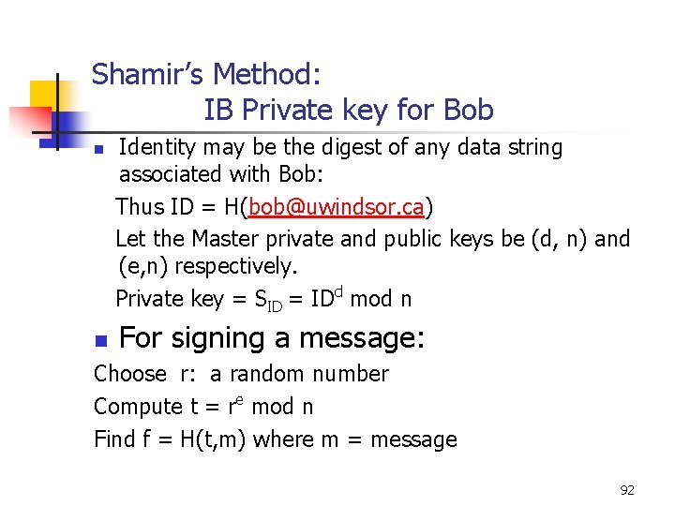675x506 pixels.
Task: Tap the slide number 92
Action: coord(627,489)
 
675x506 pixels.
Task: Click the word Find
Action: coord(114,439)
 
